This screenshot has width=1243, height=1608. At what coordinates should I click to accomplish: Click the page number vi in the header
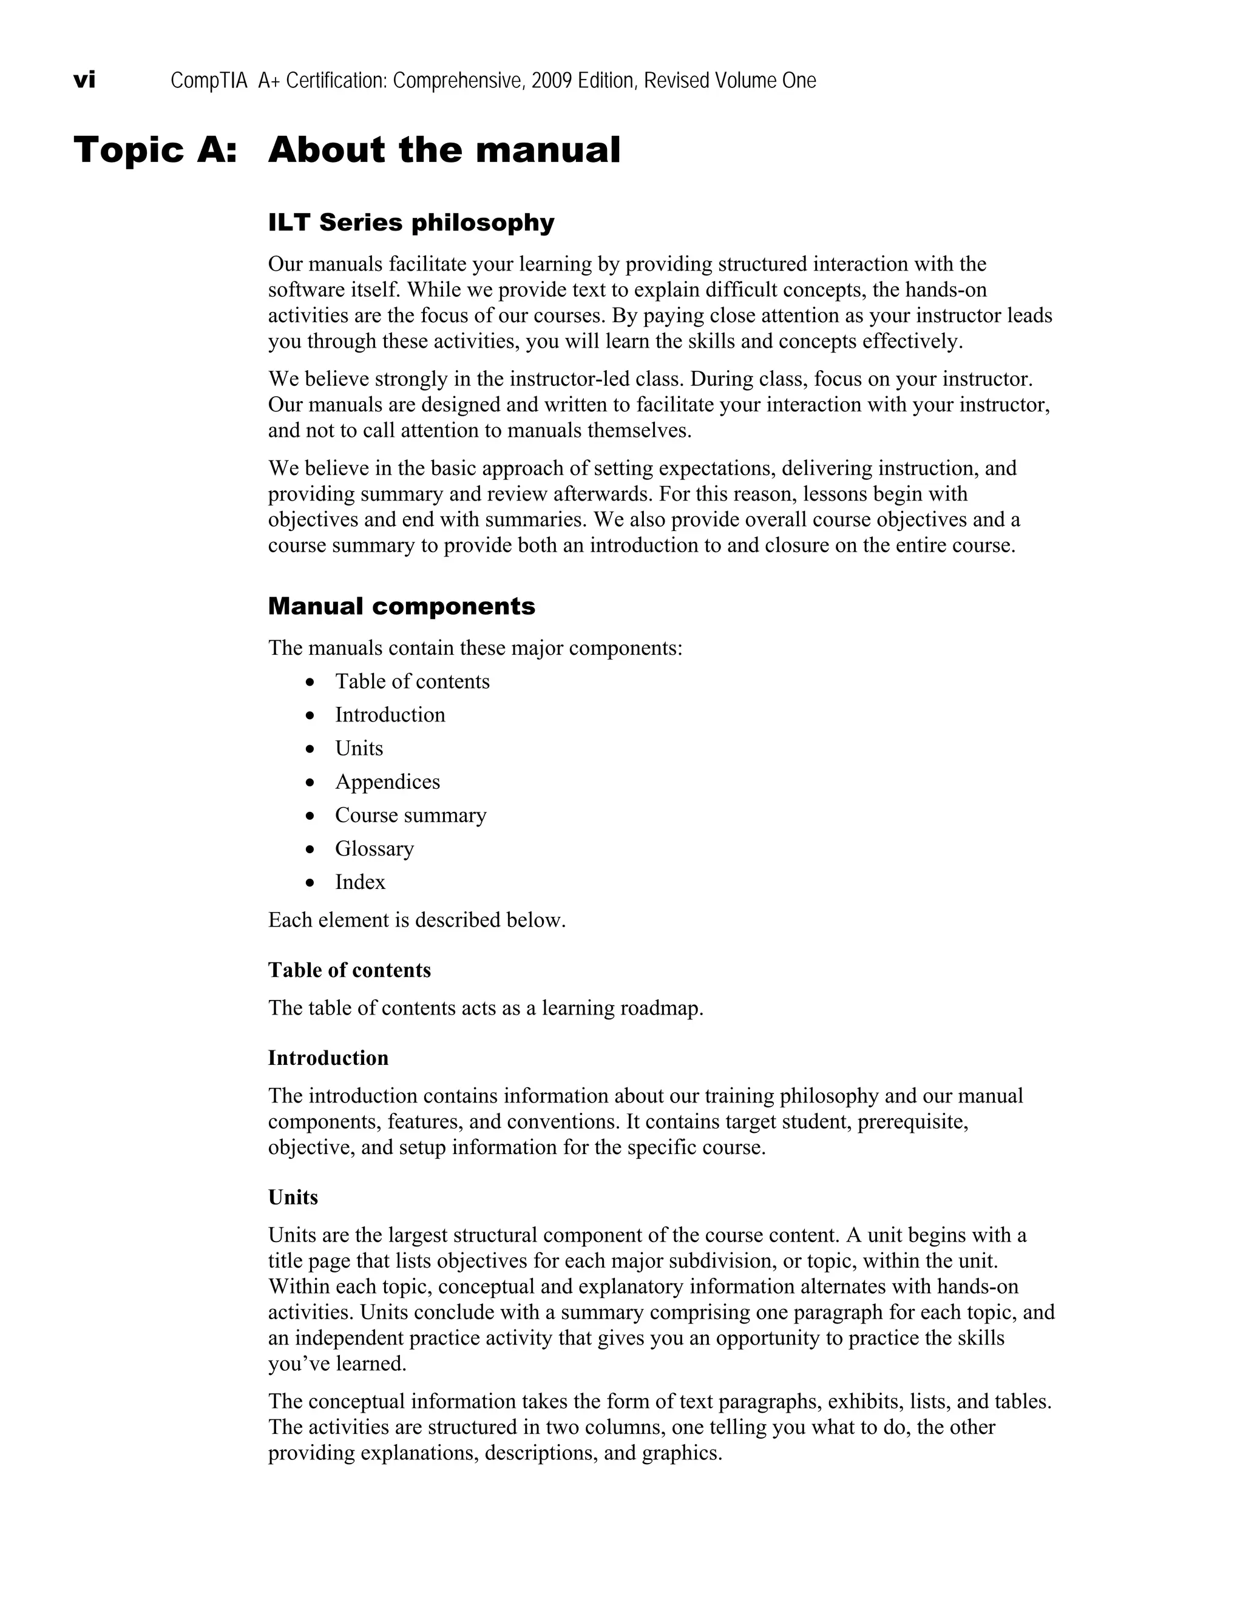(x=85, y=79)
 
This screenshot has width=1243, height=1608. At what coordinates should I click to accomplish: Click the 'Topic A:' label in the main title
(x=155, y=150)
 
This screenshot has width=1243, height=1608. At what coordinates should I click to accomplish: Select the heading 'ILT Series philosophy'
(x=411, y=222)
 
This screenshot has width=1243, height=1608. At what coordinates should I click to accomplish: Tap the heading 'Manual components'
(x=401, y=606)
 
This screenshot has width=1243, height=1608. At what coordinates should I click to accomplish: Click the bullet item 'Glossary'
(x=374, y=848)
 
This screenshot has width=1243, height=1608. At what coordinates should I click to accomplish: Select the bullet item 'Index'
(x=360, y=882)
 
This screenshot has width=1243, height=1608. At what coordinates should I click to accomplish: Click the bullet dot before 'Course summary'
(x=311, y=816)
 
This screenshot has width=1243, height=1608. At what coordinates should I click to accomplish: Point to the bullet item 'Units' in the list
(x=359, y=748)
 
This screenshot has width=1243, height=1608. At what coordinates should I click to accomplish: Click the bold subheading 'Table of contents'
(x=349, y=970)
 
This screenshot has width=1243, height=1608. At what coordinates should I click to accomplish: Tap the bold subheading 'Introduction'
(x=328, y=1058)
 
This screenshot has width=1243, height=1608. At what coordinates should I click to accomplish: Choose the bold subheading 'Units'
(x=293, y=1197)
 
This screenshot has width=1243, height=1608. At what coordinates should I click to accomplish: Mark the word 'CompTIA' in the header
(x=209, y=80)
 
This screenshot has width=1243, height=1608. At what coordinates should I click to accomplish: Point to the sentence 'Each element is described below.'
(x=417, y=921)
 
